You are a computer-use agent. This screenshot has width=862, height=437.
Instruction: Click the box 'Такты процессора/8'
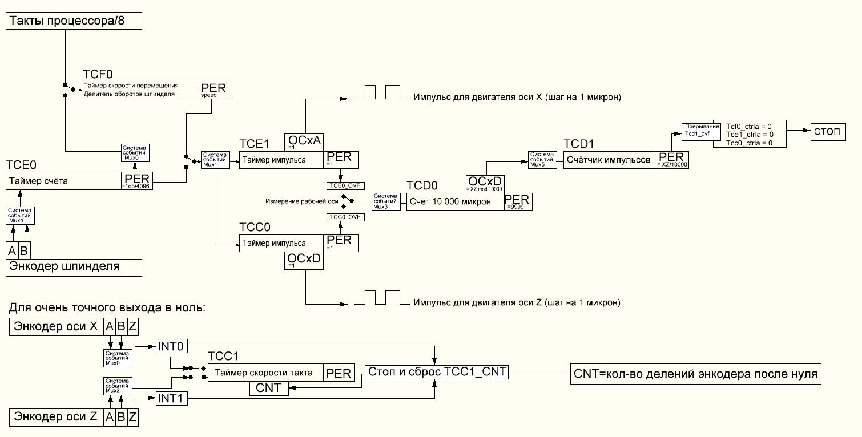point(74,22)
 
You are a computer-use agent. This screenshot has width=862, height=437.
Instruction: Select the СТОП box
point(828,132)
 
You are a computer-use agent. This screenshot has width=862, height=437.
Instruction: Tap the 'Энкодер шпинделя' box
point(74,267)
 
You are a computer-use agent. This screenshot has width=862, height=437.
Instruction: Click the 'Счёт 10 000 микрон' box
point(454,202)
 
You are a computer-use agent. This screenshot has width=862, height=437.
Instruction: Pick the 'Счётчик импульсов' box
point(609,160)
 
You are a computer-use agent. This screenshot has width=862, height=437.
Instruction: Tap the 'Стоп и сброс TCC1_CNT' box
point(437,372)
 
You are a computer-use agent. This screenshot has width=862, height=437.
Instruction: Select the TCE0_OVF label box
point(340,186)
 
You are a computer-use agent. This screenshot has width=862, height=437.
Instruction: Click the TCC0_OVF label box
point(340,217)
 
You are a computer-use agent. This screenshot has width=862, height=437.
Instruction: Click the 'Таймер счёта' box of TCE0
point(63,181)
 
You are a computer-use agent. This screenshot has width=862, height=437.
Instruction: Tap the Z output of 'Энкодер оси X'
point(132,327)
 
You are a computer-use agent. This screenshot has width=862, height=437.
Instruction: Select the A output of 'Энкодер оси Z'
point(110,417)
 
